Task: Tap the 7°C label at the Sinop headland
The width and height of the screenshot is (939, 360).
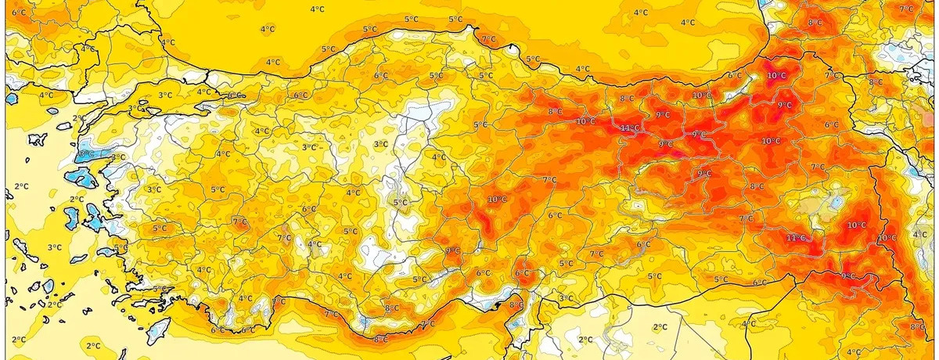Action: (x=488, y=39)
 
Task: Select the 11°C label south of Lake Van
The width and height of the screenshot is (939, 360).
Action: (x=796, y=237)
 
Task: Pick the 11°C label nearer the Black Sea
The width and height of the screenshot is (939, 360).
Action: (x=629, y=128)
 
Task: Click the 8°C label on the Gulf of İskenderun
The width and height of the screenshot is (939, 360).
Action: (x=516, y=304)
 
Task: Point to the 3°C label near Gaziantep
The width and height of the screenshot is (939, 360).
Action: (x=566, y=298)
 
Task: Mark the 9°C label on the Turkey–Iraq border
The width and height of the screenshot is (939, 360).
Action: (x=847, y=275)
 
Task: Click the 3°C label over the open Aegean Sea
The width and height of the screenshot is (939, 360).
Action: (x=54, y=247)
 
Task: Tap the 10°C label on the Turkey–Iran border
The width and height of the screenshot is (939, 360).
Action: (x=887, y=238)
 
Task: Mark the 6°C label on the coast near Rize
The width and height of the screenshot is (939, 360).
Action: (x=735, y=76)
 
